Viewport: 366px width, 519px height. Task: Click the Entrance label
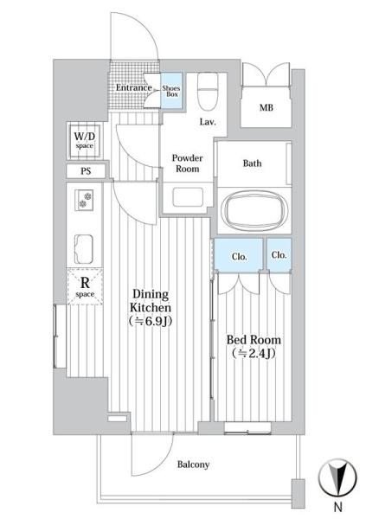(x=134, y=87)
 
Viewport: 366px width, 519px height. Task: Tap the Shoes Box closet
(x=170, y=90)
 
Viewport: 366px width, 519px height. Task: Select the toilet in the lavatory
(x=206, y=86)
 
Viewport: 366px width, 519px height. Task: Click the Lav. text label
(x=207, y=123)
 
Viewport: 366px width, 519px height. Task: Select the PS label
(x=85, y=171)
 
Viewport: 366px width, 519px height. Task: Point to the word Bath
(x=253, y=163)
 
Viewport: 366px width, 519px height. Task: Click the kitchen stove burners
(x=85, y=204)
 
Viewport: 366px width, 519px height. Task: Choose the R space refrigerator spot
(x=85, y=285)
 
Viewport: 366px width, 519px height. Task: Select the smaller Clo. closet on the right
(x=279, y=255)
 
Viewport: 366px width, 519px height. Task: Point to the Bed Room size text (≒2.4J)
(x=253, y=352)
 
